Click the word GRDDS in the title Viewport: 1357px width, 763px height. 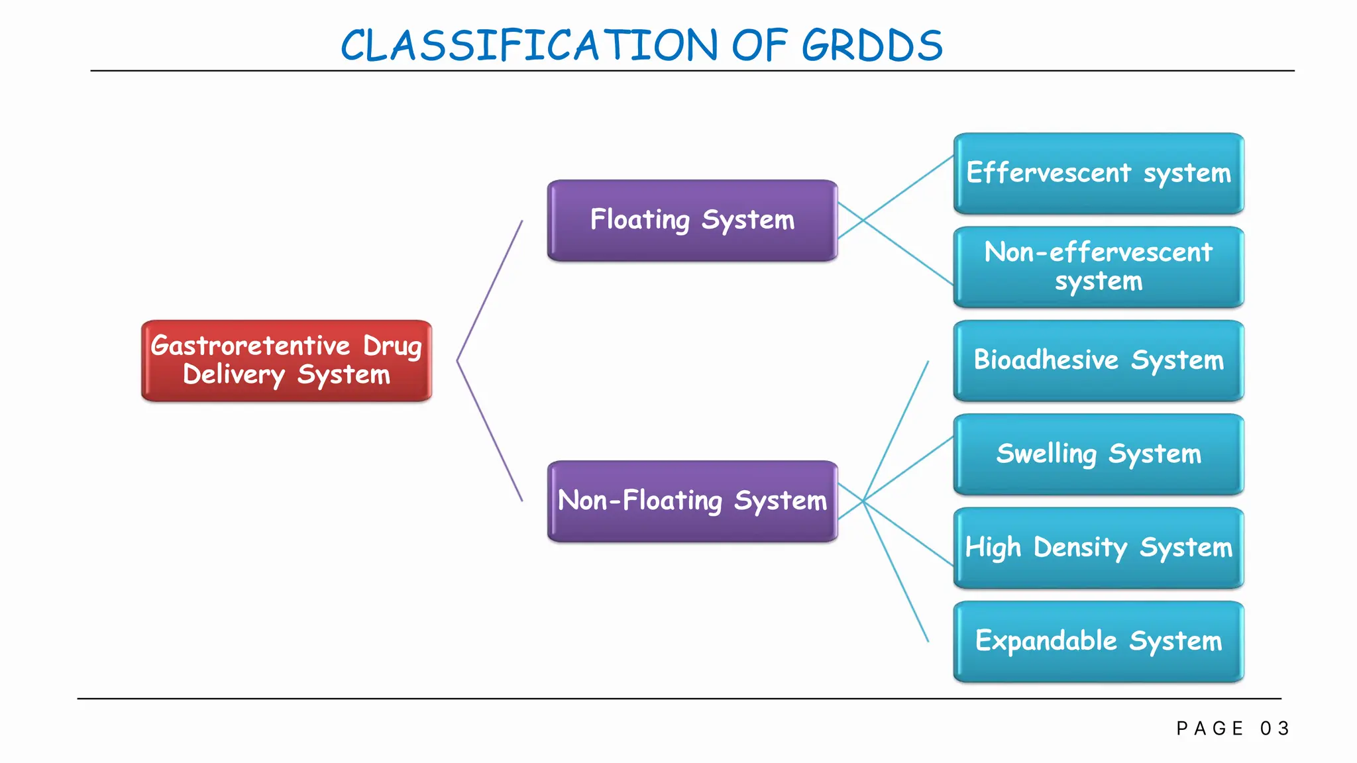click(x=872, y=46)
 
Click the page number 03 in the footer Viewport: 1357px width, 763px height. click(x=1275, y=729)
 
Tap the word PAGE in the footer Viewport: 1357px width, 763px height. click(x=1210, y=729)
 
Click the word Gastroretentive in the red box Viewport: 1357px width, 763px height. click(x=250, y=346)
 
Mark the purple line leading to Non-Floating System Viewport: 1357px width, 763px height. click(x=490, y=432)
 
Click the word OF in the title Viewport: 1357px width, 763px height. click(x=759, y=46)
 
